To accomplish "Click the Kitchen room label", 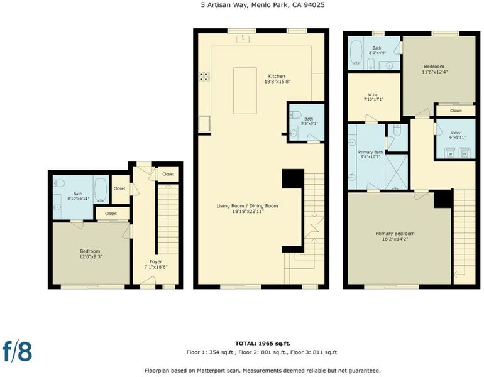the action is click(277, 76).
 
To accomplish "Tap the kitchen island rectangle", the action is click(245, 90).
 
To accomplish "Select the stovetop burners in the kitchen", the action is click(204, 77).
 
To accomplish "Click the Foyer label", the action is click(156, 261).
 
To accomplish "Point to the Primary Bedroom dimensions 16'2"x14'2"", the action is click(395, 239).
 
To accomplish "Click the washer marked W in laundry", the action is click(450, 153).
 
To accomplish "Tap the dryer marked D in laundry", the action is click(465, 153).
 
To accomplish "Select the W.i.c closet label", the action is click(373, 95).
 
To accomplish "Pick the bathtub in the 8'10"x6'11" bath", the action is click(101, 189).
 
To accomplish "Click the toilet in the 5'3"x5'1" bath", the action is click(295, 115).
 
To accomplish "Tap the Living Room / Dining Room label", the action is click(247, 206).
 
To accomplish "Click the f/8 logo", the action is click(17, 351).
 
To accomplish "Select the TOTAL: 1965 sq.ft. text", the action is click(263, 343).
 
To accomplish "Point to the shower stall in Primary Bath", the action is click(397, 172).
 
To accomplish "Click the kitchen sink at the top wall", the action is click(243, 39).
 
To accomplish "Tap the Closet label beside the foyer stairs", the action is click(168, 174).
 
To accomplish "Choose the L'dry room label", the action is click(455, 133).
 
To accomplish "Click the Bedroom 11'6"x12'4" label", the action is click(434, 67).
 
